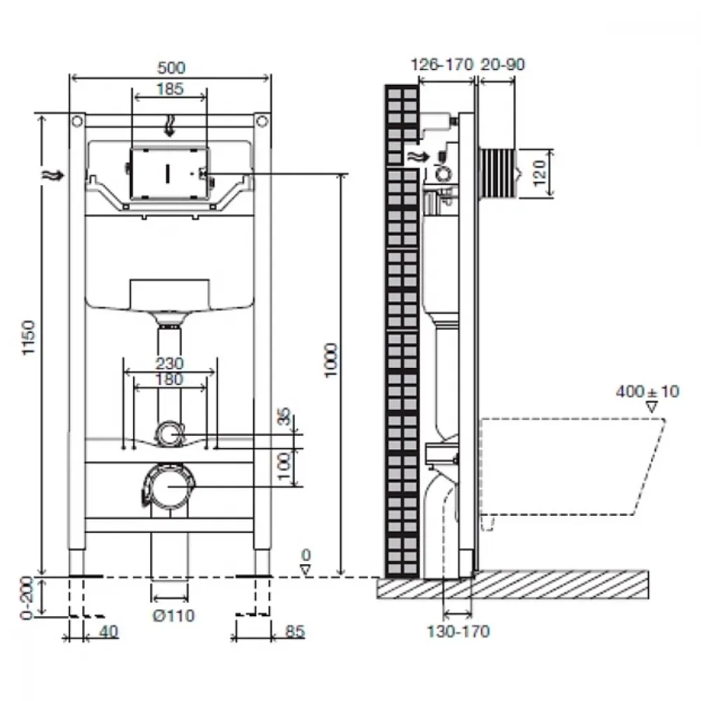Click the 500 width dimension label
[x=171, y=68]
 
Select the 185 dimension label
[x=170, y=89]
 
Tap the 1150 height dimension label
[x=29, y=338]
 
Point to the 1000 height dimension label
[x=330, y=360]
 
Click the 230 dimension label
[x=170, y=363]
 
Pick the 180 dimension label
[x=170, y=379]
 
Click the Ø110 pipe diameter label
[x=173, y=616]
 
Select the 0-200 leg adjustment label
[x=27, y=598]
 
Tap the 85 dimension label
[x=294, y=632]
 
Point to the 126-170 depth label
[x=442, y=64]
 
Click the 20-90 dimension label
[x=503, y=64]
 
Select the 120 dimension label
[x=540, y=172]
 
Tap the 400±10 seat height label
[x=647, y=392]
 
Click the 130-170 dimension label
[x=458, y=632]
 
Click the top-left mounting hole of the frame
[x=78, y=121]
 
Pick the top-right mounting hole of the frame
[x=262, y=121]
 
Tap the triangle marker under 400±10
[x=652, y=407]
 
